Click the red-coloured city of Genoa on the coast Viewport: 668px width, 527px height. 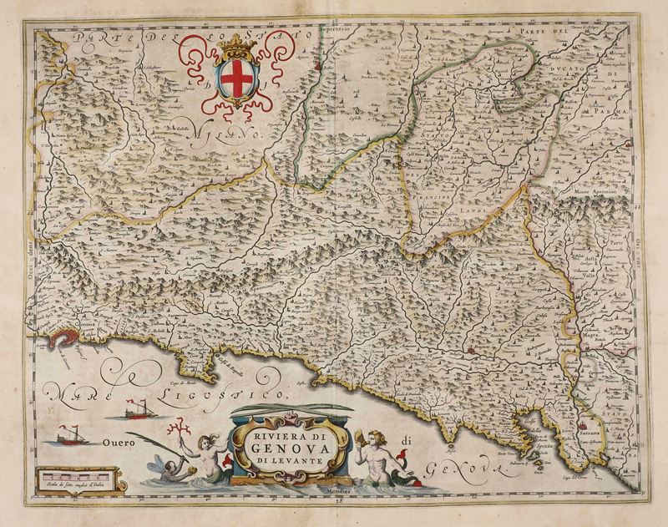66,335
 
